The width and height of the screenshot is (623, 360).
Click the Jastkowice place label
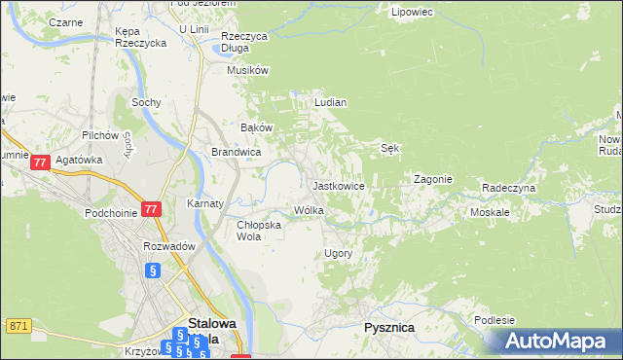338,185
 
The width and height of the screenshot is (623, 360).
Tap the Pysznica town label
388,328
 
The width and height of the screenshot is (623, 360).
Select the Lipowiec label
411,13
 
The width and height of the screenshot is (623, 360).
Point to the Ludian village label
330,101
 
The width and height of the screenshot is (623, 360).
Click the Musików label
247,70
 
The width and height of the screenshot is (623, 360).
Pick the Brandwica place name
236,152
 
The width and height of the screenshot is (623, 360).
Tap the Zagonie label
433,179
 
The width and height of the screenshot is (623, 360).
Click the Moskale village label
492,211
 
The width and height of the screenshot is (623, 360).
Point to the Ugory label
337,253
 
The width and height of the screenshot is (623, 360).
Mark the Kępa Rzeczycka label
136,37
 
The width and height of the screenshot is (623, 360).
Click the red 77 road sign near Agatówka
40,163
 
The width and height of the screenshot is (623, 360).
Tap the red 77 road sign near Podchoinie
150,209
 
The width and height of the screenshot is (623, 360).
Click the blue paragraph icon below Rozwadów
152,271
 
